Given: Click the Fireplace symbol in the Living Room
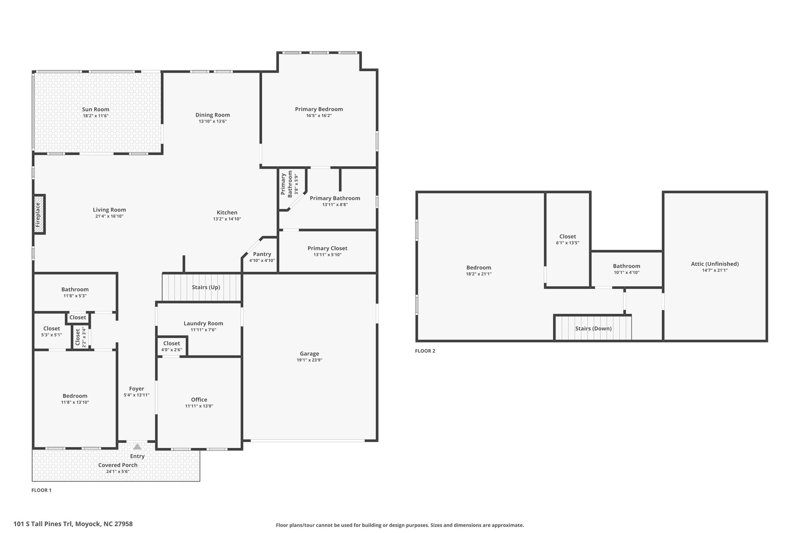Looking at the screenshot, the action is click(x=39, y=214).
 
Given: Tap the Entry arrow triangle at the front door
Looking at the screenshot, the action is click(x=137, y=447).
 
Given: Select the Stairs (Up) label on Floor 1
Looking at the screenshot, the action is click(x=206, y=287).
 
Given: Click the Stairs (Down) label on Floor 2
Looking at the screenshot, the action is click(x=593, y=328).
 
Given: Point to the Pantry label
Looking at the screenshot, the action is click(x=262, y=254).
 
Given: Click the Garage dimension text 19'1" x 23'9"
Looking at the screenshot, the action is click(x=309, y=360).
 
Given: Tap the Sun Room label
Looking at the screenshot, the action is click(x=96, y=109).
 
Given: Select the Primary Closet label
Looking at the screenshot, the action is click(x=327, y=248).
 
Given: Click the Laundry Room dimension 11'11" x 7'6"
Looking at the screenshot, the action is click(x=204, y=330).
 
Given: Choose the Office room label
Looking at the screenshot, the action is click(x=199, y=399).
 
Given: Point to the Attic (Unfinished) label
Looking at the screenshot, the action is click(x=715, y=264).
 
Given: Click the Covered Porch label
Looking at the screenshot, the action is click(x=118, y=465).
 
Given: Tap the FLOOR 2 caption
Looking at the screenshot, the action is click(x=425, y=351).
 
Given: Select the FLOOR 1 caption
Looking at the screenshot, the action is click(x=41, y=490).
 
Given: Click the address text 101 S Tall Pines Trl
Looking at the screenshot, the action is click(x=43, y=524).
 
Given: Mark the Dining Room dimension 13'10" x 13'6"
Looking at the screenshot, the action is click(x=213, y=121).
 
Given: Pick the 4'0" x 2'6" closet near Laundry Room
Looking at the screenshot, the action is click(x=171, y=347).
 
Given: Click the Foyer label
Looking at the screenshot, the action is click(x=137, y=389).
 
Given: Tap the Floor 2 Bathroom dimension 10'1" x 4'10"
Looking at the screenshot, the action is click(x=627, y=273).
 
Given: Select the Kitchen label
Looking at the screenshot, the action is click(x=227, y=212).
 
